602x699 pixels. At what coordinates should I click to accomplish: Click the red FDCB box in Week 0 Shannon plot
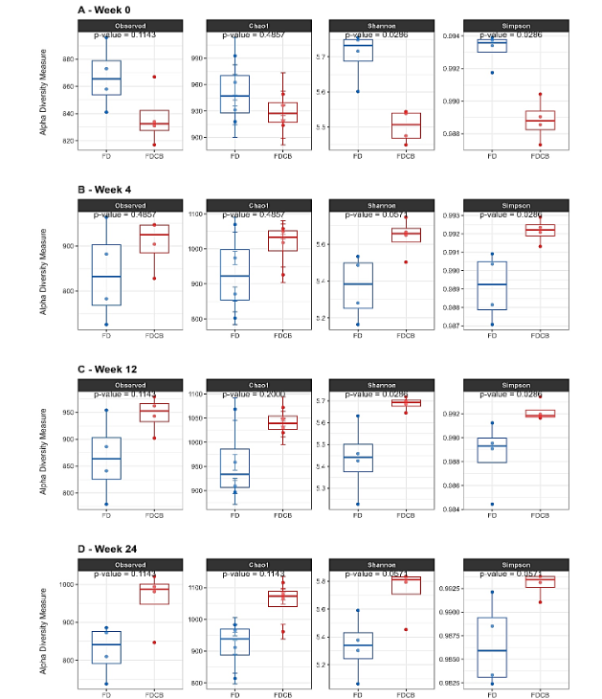point(405,125)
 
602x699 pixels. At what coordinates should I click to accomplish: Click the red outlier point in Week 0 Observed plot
point(154,77)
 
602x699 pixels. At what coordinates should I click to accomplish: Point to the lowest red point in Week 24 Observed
point(154,643)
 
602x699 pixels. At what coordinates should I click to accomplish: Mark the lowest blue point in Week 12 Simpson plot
point(491,504)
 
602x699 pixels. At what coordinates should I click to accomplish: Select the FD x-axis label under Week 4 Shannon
point(358,336)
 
